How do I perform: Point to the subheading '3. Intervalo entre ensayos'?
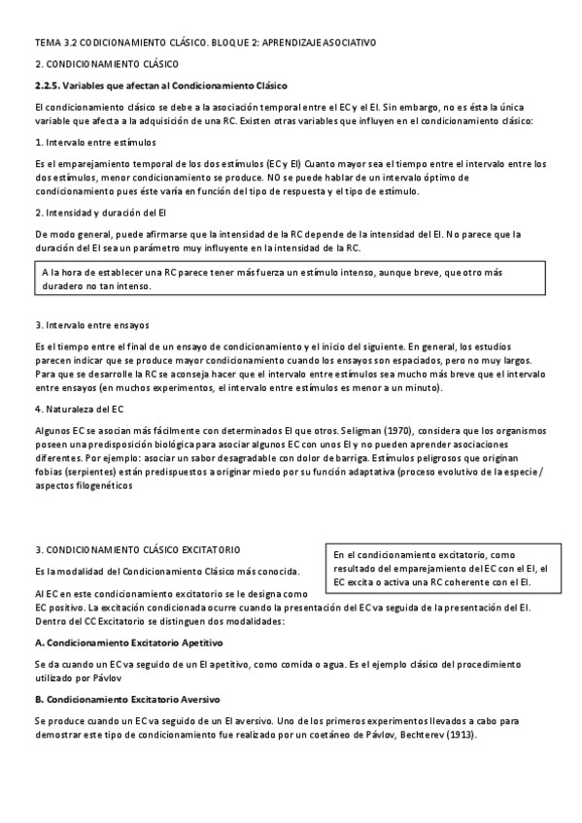86,324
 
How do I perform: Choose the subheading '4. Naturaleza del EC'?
78,408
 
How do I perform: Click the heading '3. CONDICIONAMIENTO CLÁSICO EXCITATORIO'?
137,549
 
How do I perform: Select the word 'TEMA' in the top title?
47,44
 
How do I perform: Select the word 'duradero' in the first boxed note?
65,286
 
